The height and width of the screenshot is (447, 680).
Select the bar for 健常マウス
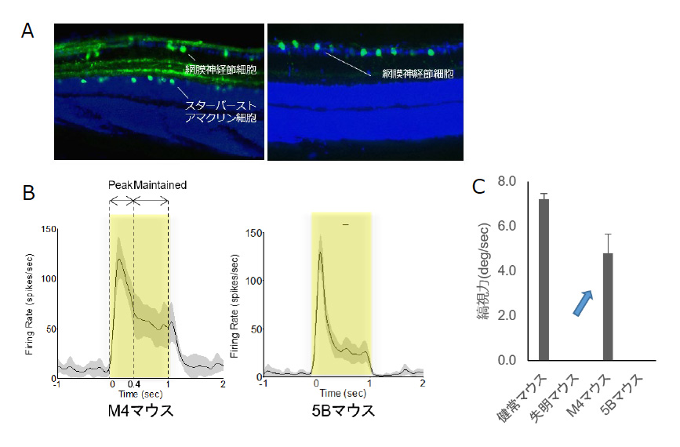[543, 278]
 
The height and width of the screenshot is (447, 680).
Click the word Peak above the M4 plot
[121, 185]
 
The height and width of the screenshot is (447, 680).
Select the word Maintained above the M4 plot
[161, 185]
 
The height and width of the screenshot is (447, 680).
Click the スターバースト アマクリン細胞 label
[219, 111]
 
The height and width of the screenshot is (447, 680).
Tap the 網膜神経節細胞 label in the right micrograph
[418, 74]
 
